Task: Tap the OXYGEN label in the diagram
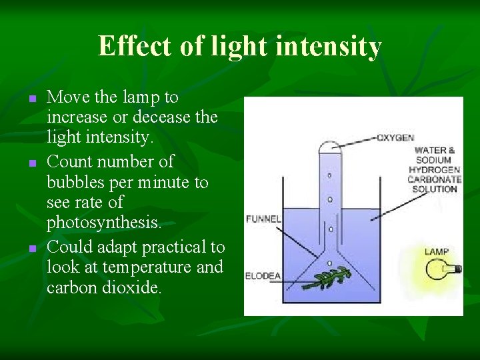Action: click(x=395, y=138)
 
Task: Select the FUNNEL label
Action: click(x=264, y=218)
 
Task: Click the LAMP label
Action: click(x=437, y=251)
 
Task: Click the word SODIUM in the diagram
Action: click(x=433, y=160)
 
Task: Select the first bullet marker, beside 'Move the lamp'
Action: click(x=31, y=99)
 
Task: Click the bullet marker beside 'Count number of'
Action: click(x=31, y=163)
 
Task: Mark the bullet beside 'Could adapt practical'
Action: click(x=31, y=248)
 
